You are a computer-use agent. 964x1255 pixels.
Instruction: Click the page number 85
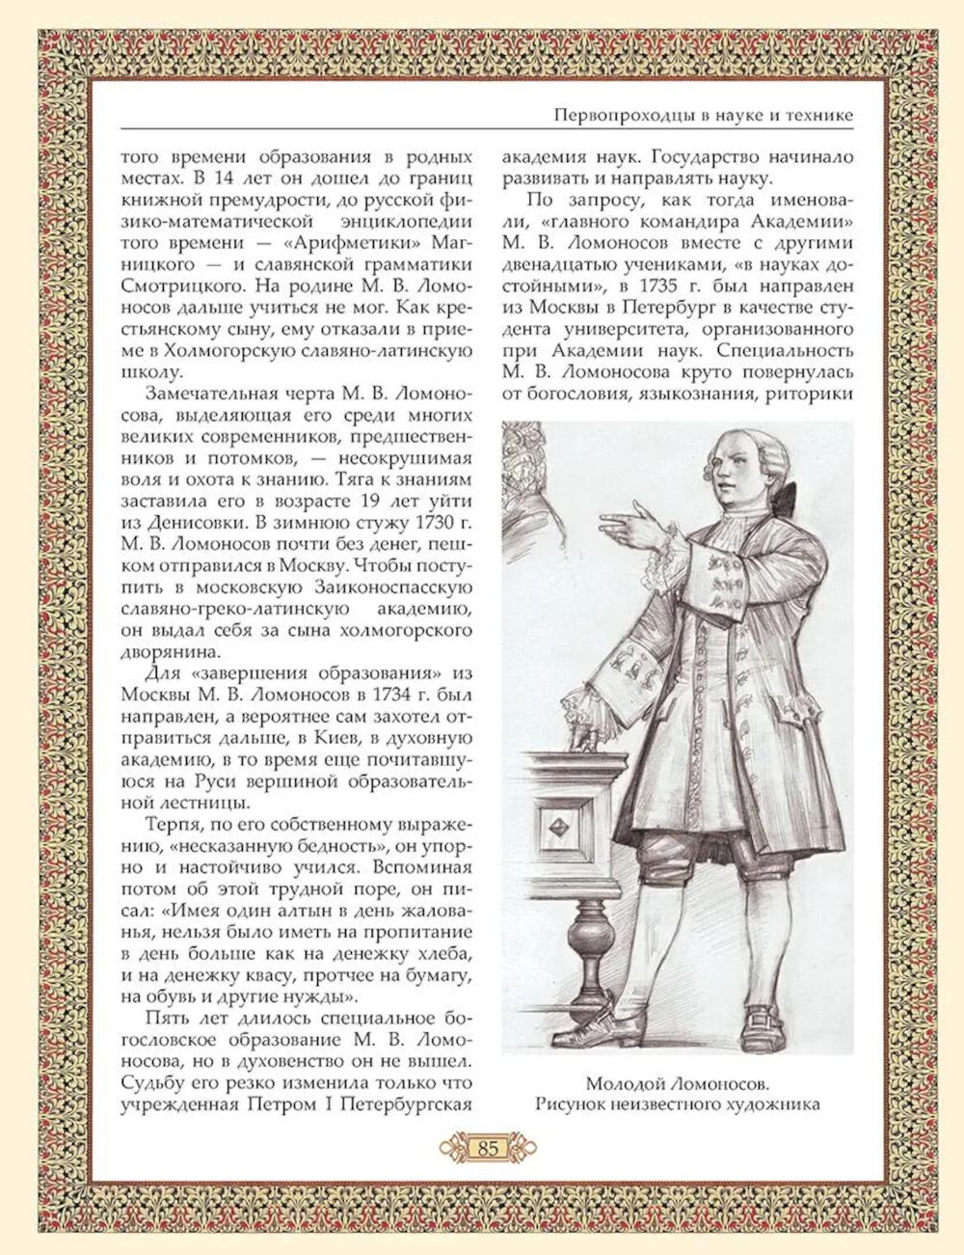[x=487, y=1148]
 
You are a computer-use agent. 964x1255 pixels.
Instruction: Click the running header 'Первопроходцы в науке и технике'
[x=704, y=116]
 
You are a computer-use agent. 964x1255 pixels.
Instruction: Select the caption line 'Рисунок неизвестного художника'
[x=678, y=1104]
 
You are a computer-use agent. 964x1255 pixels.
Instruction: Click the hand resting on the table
[x=582, y=733]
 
